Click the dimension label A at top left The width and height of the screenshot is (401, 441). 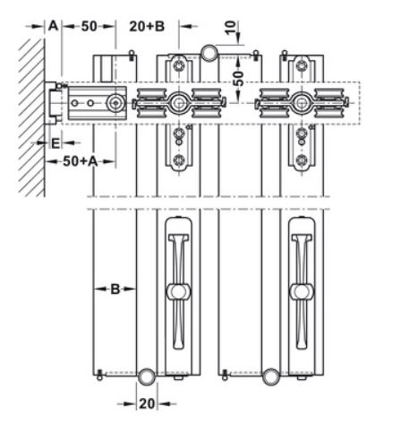(x=53, y=26)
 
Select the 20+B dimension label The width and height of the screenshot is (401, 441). (x=147, y=26)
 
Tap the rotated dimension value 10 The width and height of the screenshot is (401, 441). (x=230, y=28)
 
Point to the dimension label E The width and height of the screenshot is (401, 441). (x=55, y=143)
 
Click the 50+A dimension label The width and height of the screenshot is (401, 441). (x=81, y=161)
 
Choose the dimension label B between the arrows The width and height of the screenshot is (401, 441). (x=115, y=289)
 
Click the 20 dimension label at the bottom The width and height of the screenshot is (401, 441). (x=147, y=404)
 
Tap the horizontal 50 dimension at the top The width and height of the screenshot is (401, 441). (x=89, y=26)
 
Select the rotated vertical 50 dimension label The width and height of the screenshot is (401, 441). (x=238, y=78)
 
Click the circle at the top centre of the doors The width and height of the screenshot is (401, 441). (x=209, y=53)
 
